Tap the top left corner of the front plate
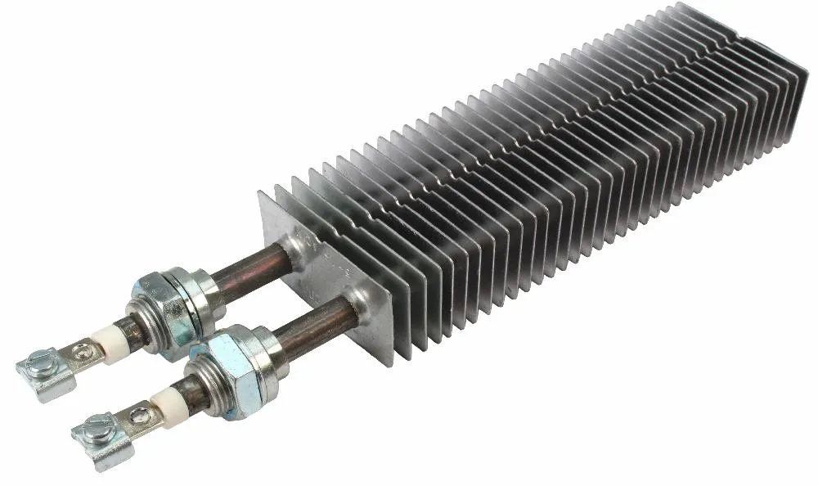click(261, 193)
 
